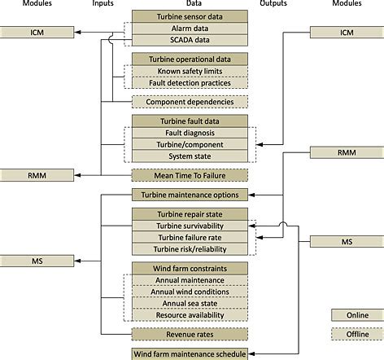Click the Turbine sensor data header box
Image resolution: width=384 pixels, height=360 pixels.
[x=189, y=15]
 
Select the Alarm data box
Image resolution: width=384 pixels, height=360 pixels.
[x=189, y=27]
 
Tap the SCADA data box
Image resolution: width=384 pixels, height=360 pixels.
[x=189, y=38]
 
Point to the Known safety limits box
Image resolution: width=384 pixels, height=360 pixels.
[x=189, y=71]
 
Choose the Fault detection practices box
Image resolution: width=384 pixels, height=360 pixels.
[x=189, y=82]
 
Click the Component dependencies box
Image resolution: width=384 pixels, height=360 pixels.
[x=189, y=102]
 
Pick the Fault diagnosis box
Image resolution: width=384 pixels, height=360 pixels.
[x=189, y=133]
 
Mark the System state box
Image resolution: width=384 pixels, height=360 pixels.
[x=189, y=156]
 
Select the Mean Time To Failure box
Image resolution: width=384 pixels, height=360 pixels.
[x=189, y=174]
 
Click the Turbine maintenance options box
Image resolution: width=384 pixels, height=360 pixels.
[x=189, y=195]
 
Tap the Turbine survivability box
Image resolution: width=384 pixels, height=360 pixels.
[x=189, y=226]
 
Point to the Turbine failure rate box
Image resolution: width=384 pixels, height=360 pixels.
[x=189, y=237]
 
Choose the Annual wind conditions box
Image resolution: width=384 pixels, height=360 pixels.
[x=189, y=292]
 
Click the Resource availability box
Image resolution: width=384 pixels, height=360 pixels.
[x=189, y=314]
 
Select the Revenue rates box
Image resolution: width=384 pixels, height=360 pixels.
[x=189, y=334]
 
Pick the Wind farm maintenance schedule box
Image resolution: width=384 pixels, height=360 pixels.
[x=189, y=354]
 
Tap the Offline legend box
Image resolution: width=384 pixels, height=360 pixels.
[x=356, y=335]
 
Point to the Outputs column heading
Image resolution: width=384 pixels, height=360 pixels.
[x=273, y=4]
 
